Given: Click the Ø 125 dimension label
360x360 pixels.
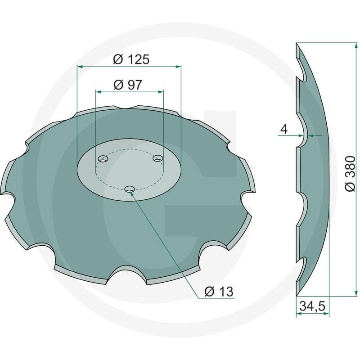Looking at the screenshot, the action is coord(131,59).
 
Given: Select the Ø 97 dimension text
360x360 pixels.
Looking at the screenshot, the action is coord(128,85).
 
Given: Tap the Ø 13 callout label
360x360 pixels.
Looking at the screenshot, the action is coord(219,292).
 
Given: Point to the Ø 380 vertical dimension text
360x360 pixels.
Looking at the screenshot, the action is coord(350,173).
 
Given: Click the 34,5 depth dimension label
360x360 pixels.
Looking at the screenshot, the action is coord(312,306).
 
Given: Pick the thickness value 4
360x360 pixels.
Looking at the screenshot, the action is coord(284,129).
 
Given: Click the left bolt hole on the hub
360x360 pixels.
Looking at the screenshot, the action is coord(103,159).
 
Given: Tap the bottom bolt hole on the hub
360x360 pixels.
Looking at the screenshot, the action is coord(130,189).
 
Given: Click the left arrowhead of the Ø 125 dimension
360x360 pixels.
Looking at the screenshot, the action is coord(80,67).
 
